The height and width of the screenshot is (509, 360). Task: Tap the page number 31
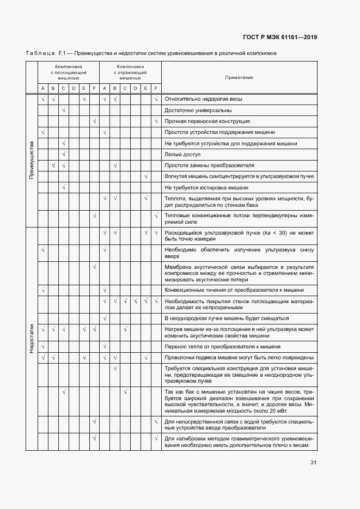tap(313, 463)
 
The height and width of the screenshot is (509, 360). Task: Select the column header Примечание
tap(239, 77)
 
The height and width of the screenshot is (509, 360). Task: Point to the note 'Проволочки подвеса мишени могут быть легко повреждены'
tap(239, 358)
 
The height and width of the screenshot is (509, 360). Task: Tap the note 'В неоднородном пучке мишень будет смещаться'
tap(226, 318)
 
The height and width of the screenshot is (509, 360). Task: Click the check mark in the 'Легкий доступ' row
tap(64, 154)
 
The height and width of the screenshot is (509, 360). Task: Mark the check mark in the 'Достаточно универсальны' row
tap(64, 110)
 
